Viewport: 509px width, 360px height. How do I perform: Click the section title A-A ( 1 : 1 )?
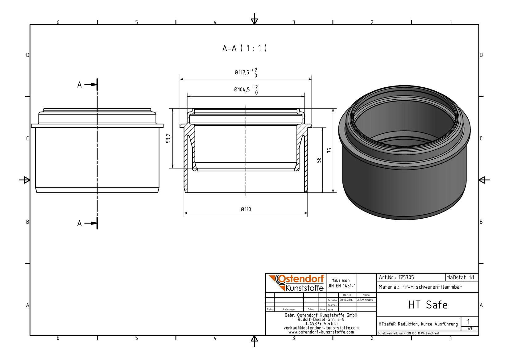245,48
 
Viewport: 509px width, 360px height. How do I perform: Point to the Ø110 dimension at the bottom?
246,209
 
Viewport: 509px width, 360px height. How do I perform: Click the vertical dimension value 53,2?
168,138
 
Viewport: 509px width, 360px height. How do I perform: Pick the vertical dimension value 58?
319,160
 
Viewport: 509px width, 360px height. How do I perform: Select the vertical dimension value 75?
329,150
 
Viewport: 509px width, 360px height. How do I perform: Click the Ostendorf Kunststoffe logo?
296,283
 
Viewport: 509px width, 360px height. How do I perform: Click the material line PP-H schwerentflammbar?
420,287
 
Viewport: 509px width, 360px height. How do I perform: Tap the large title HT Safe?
428,305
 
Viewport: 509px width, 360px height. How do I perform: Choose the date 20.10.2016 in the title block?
346,300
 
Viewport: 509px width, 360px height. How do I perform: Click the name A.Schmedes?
365,300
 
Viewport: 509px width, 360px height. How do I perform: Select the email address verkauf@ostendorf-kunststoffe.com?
321,328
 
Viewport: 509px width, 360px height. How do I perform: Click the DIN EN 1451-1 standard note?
341,286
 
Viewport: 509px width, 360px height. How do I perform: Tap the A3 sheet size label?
470,329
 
